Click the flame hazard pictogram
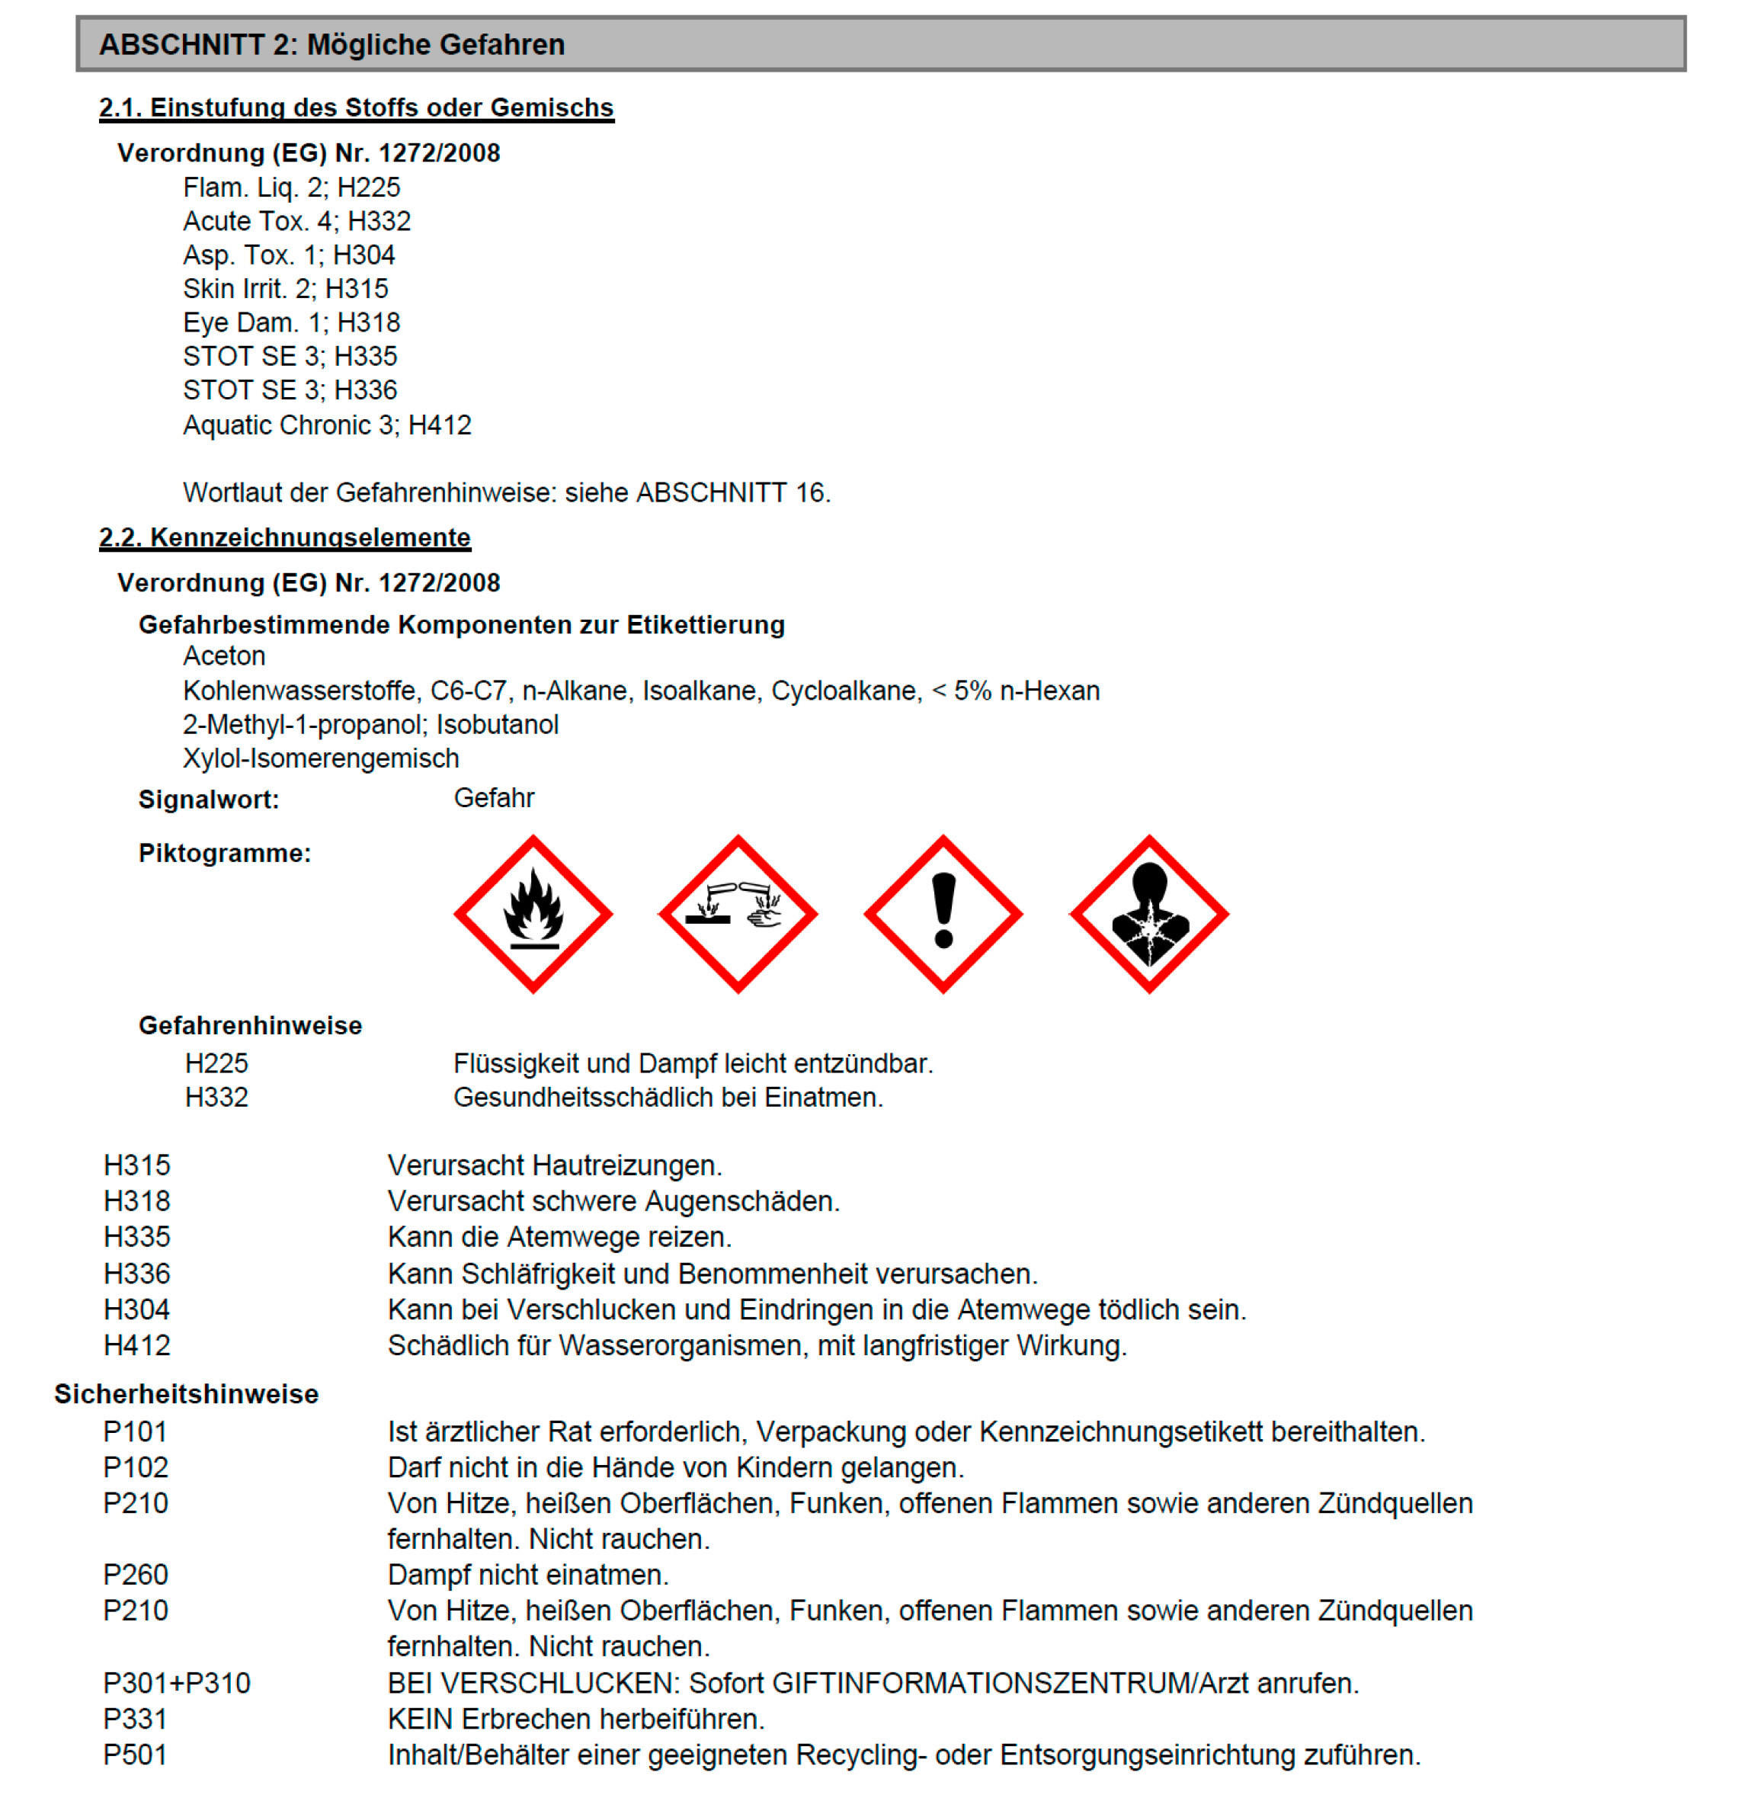click(533, 914)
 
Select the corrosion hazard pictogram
click(738, 914)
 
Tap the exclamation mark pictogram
click(943, 914)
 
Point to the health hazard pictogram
click(1148, 914)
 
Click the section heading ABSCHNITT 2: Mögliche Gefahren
click(331, 44)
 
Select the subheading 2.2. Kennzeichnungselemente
click(285, 537)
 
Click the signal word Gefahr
click(493, 797)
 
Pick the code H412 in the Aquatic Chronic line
click(440, 425)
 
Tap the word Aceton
click(224, 655)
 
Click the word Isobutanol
click(497, 725)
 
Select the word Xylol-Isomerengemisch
click(321, 758)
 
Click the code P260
click(136, 1574)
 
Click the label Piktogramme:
click(225, 853)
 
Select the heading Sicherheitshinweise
click(186, 1393)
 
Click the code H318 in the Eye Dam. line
click(369, 322)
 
